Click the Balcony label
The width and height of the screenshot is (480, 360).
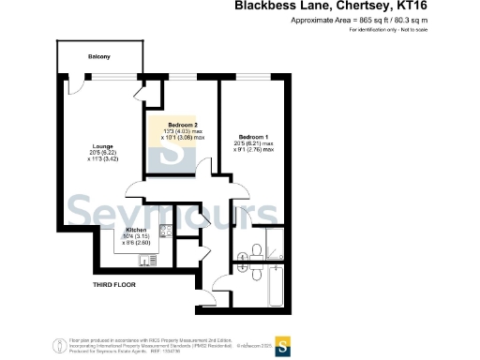click(99, 57)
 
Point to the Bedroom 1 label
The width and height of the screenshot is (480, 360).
click(247, 136)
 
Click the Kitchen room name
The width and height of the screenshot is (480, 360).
click(136, 229)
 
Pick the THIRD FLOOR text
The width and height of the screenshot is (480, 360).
click(115, 283)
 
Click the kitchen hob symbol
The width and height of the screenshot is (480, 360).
click(165, 231)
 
